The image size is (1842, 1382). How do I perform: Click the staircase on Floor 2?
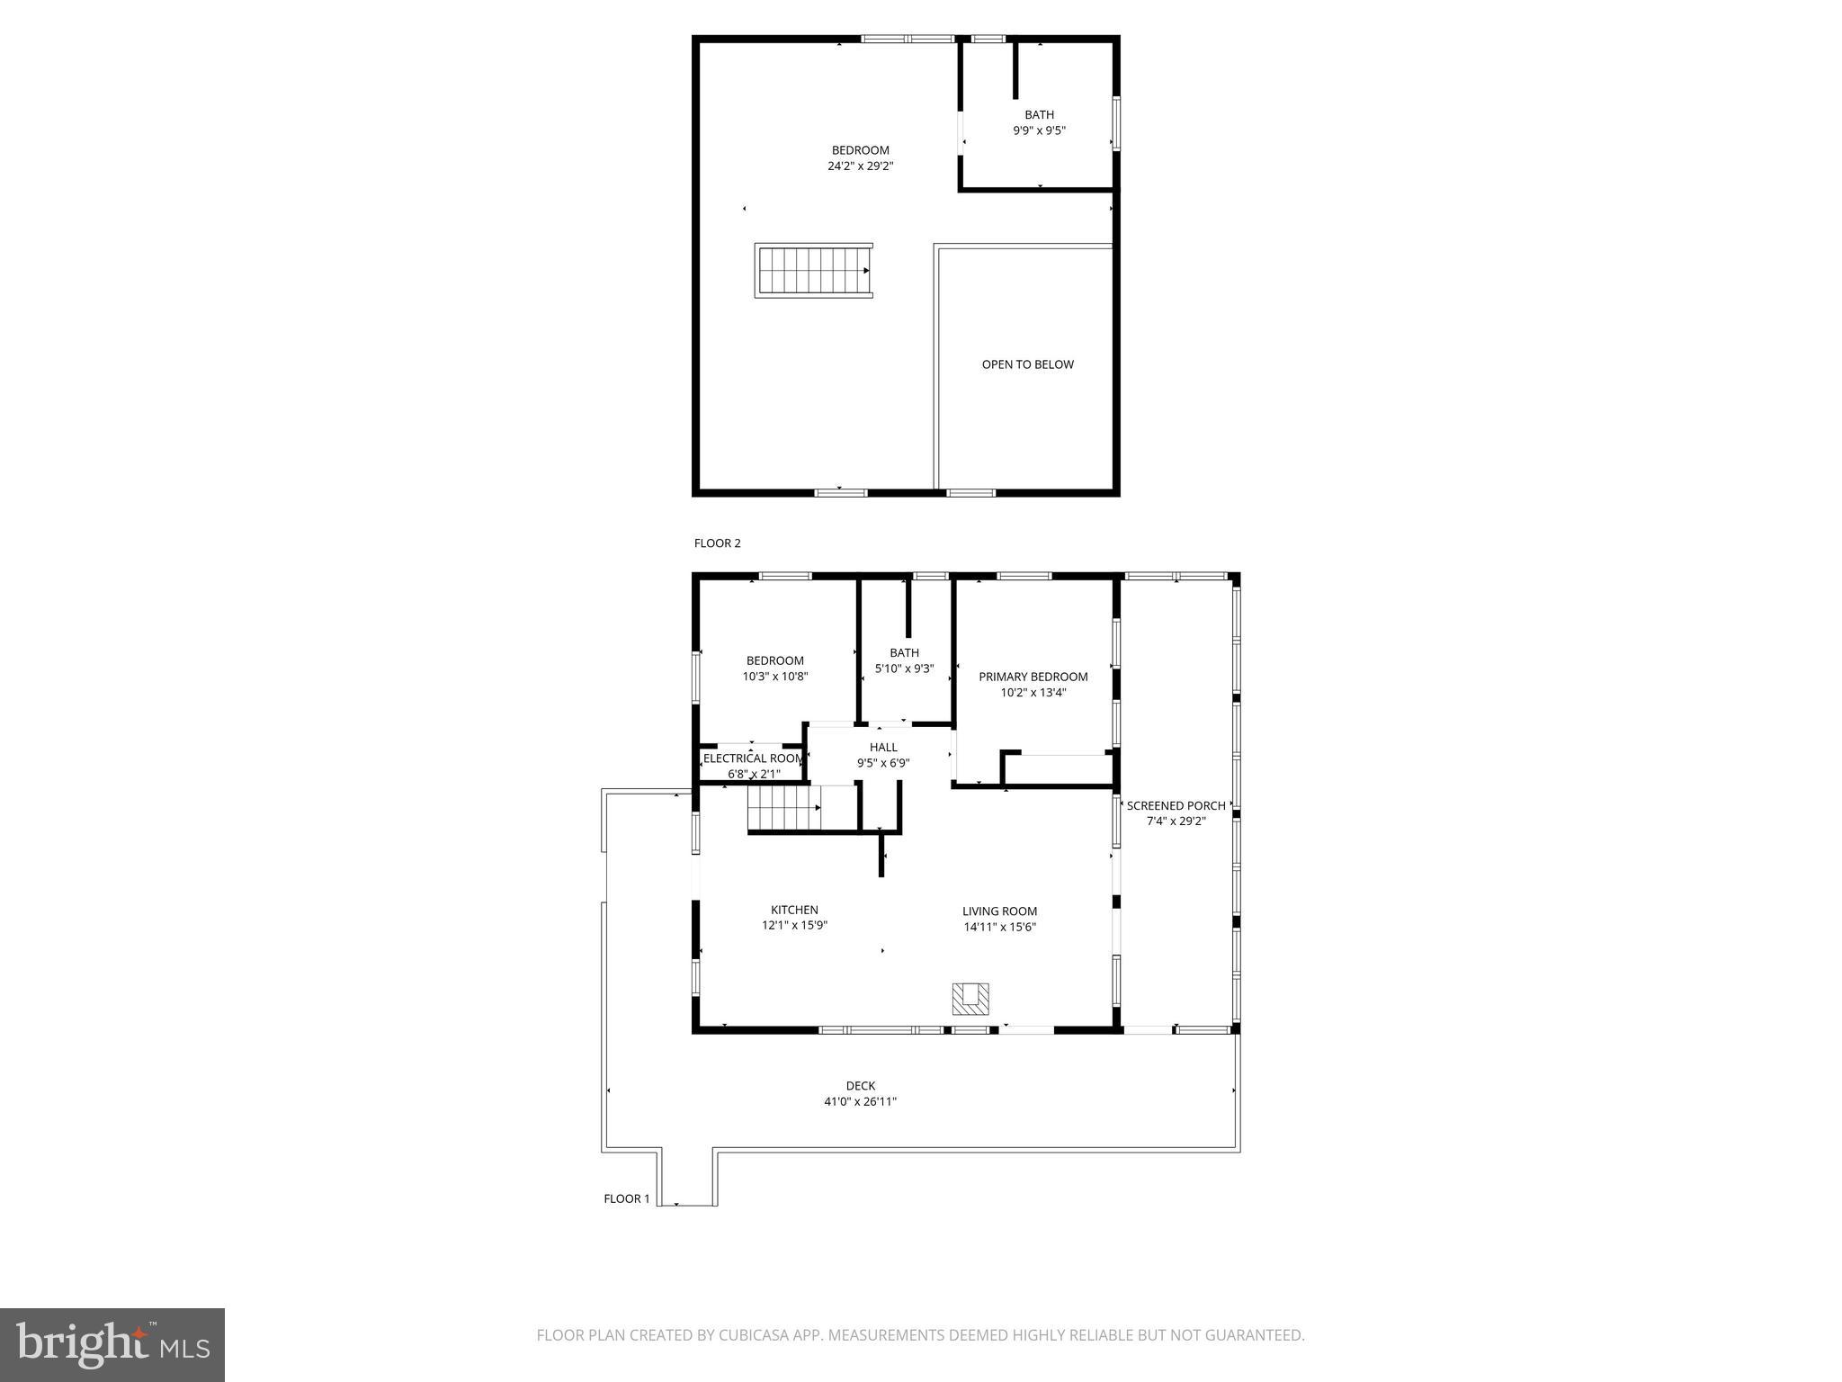tap(813, 271)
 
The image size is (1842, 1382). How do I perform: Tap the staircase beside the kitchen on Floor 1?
tap(783, 808)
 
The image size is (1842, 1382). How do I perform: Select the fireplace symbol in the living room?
tap(970, 998)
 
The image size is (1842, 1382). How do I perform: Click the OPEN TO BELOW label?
tap(1027, 364)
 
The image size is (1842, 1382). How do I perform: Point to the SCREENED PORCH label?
tap(1176, 806)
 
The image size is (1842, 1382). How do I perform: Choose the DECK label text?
tap(861, 1086)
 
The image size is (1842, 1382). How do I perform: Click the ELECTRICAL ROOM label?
tap(753, 758)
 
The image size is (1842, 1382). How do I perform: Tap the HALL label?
tap(883, 747)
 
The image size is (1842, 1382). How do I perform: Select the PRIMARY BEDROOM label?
tap(1033, 677)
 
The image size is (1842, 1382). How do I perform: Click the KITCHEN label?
tap(794, 910)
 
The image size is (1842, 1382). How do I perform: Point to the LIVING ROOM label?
tap(999, 911)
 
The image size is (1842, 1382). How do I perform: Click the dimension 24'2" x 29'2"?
tap(861, 166)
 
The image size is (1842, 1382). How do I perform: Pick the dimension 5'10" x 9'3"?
tap(904, 669)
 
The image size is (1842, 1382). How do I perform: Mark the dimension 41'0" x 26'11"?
tap(861, 1102)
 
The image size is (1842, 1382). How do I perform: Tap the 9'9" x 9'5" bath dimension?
tap(1039, 130)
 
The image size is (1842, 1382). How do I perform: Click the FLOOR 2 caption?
tap(717, 543)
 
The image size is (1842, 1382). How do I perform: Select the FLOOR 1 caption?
tap(626, 1198)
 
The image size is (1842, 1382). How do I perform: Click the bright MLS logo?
tap(112, 1345)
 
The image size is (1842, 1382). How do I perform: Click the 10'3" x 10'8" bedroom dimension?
tap(775, 677)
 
